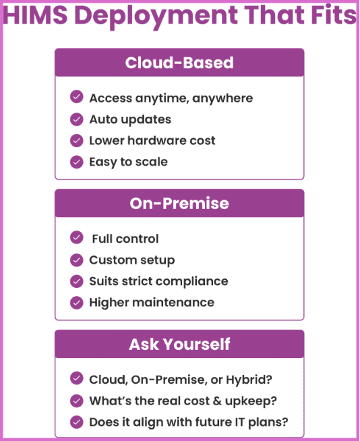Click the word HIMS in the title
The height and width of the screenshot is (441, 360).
pyautogui.click(x=36, y=15)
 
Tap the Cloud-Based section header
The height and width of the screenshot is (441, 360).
pyautogui.click(x=179, y=63)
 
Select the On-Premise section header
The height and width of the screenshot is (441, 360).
pyautogui.click(x=179, y=203)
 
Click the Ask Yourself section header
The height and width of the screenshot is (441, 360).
pyautogui.click(x=179, y=344)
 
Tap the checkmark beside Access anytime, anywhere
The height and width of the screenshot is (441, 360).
pyautogui.click(x=76, y=97)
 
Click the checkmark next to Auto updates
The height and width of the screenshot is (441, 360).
pyautogui.click(x=76, y=119)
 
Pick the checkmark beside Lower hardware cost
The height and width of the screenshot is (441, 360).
pyautogui.click(x=76, y=141)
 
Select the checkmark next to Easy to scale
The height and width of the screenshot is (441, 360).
pyautogui.click(x=76, y=162)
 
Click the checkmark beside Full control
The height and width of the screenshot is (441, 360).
pyautogui.click(x=76, y=237)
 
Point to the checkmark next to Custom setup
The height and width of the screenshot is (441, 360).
pyautogui.click(x=76, y=260)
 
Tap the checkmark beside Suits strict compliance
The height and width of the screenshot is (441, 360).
pyautogui.click(x=76, y=281)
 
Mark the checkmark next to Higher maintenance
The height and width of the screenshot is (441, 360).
pyautogui.click(x=76, y=303)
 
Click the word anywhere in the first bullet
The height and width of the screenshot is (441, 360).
pyautogui.click(x=222, y=98)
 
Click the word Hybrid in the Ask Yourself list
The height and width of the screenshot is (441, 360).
pyautogui.click(x=249, y=380)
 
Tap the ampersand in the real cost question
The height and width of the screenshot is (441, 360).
pyautogui.click(x=217, y=401)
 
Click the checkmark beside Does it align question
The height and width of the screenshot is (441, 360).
pyautogui.click(x=76, y=422)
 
